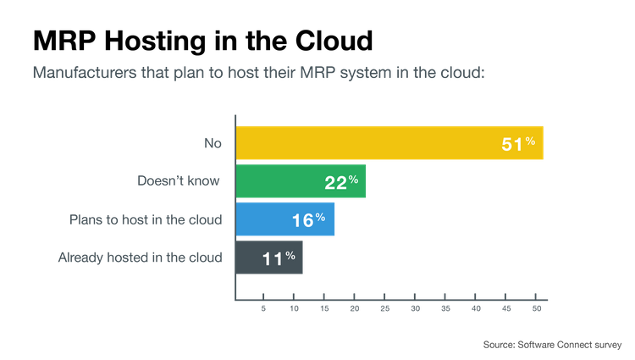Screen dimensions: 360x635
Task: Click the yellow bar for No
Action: tap(389, 143)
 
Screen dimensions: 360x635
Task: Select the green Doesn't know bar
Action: tap(301, 181)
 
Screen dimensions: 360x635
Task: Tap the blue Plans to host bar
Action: tap(285, 219)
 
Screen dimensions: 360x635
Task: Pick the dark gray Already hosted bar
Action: tap(269, 257)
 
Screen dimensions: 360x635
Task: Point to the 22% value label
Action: tap(340, 182)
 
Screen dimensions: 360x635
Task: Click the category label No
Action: tap(212, 144)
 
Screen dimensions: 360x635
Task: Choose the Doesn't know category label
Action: tap(179, 181)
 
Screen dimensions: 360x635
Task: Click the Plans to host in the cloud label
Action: tap(146, 219)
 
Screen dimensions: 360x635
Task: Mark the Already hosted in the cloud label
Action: tap(140, 257)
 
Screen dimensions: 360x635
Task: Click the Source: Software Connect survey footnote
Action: tap(553, 345)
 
